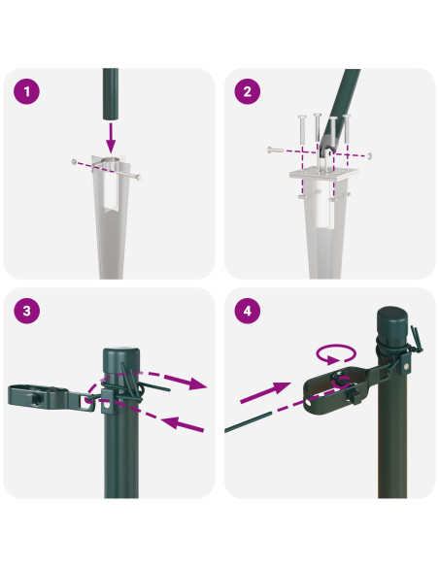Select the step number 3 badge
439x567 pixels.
(x=26, y=311)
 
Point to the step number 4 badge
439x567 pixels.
(x=247, y=311)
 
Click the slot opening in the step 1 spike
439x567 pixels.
(x=111, y=194)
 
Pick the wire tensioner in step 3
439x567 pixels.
(x=49, y=394)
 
